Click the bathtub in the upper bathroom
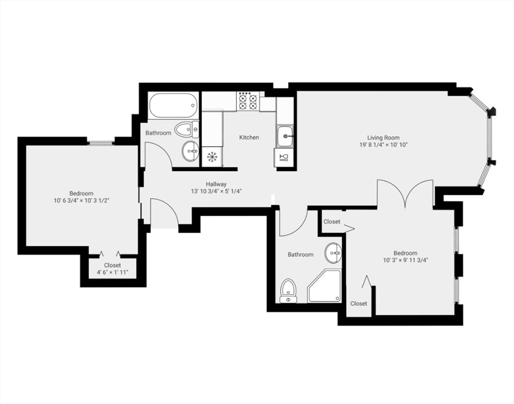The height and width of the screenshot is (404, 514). tap(173, 105)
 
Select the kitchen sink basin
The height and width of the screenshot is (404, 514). tap(285, 136)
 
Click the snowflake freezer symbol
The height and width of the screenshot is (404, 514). tap(212, 157)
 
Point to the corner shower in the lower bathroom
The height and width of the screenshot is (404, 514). tap(324, 287)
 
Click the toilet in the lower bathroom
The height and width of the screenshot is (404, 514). tap(288, 291)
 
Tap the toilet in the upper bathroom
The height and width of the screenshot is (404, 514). tap(186, 129)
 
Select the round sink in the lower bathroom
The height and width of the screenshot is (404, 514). tap(333, 253)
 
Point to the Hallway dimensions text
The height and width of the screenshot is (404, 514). tap(216, 191)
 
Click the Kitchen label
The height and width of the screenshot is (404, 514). tap(249, 137)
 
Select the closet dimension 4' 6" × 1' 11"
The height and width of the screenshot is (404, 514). tap(112, 272)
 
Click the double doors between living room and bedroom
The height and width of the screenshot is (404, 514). tap(405, 194)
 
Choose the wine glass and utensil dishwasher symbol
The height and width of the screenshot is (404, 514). tap(283, 157)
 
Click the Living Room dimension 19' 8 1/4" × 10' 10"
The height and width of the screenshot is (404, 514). tap(384, 145)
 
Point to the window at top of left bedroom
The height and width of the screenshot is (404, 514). tap(101, 142)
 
